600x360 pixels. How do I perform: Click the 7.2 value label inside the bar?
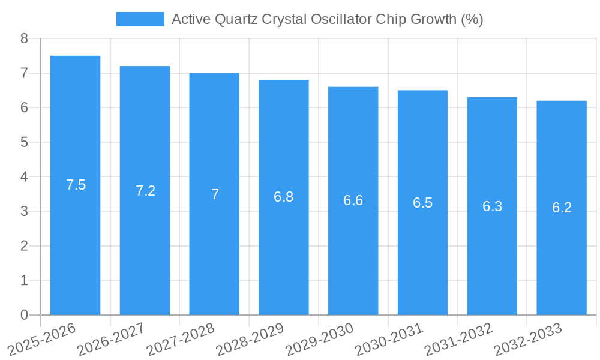(145, 191)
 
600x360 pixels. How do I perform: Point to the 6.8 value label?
(284, 197)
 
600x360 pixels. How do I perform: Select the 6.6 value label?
(353, 200)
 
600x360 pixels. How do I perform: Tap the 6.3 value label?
(492, 206)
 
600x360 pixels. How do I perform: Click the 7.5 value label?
(76, 185)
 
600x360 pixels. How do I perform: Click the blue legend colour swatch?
(140, 19)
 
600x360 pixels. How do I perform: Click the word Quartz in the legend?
(238, 19)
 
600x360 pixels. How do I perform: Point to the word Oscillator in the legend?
(344, 19)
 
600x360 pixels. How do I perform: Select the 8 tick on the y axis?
(24, 38)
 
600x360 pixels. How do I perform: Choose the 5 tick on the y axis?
(24, 142)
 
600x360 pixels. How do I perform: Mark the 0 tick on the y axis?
(24, 315)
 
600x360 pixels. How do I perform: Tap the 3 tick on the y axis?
(24, 211)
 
